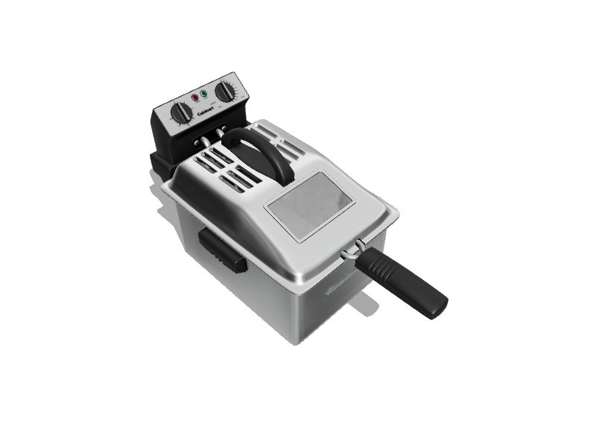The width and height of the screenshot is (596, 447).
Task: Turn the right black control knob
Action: [223, 92]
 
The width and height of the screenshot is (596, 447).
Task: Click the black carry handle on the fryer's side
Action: [221, 253]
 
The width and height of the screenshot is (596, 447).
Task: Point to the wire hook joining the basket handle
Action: [356, 249]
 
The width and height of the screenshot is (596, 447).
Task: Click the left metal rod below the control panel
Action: [203, 142]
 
